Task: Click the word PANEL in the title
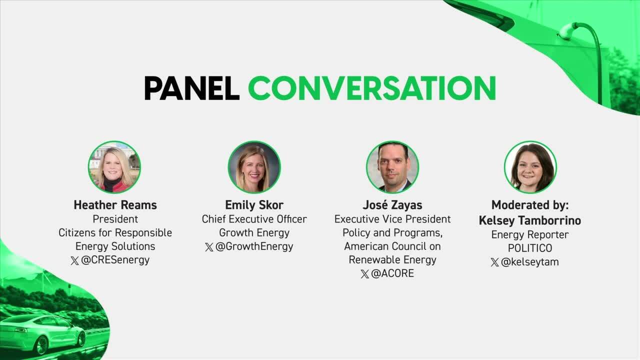(x=191, y=88)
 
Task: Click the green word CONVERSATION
(x=372, y=88)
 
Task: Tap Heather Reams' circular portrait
(x=114, y=167)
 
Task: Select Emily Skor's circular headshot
(x=254, y=167)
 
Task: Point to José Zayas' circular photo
(x=392, y=167)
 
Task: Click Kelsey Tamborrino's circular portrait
(x=530, y=167)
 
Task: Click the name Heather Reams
(x=115, y=205)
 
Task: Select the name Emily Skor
(x=254, y=205)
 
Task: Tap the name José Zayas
(x=392, y=205)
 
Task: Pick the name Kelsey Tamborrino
(x=530, y=220)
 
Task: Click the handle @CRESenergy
(x=115, y=260)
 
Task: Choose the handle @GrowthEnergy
(x=254, y=246)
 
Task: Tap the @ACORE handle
(x=392, y=273)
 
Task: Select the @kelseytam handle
(x=529, y=262)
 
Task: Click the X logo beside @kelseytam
(x=495, y=262)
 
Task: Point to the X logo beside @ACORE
(x=365, y=274)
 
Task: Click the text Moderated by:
(x=530, y=205)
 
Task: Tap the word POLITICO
(x=530, y=248)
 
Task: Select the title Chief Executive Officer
(x=254, y=219)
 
